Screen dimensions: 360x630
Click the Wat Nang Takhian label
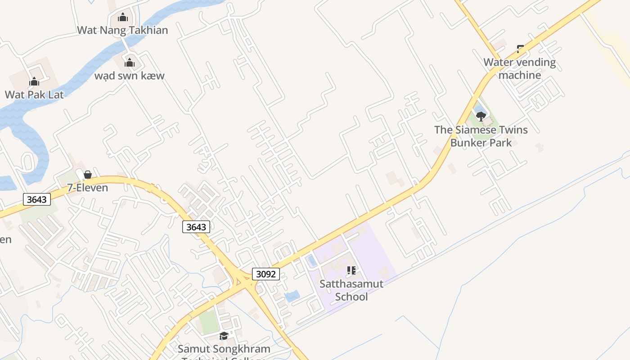click(x=122, y=30)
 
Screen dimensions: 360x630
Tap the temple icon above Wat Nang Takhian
click(x=123, y=18)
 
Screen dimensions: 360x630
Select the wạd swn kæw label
click(x=129, y=76)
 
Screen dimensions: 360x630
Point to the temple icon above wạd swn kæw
click(x=130, y=63)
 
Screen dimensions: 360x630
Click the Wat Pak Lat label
click(x=34, y=94)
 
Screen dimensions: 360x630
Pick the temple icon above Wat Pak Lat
click(x=34, y=82)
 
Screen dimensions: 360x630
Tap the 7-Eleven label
click(x=88, y=188)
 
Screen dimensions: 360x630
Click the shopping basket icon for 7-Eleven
click(x=88, y=175)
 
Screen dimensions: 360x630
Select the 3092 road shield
click(x=265, y=274)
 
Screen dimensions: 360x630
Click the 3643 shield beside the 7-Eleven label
click(x=36, y=199)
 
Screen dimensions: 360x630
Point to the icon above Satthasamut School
click(x=351, y=270)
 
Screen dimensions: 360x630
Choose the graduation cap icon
click(x=224, y=336)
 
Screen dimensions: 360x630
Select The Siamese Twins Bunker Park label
click(x=481, y=136)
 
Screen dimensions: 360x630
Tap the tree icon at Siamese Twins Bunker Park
click(x=481, y=117)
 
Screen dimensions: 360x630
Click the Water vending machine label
click(x=520, y=68)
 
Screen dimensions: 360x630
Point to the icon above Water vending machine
click(x=520, y=48)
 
